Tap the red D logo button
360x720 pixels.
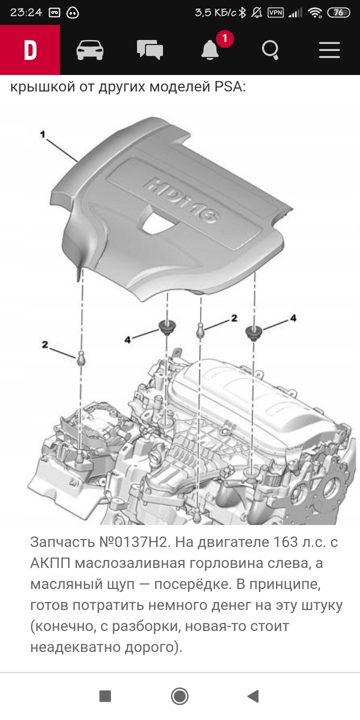(x=30, y=50)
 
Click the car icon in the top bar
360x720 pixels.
(x=90, y=50)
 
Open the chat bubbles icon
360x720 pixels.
(x=150, y=50)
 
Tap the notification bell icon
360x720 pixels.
(x=210, y=49)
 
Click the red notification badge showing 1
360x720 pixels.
(x=224, y=38)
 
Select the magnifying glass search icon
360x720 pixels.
(x=270, y=50)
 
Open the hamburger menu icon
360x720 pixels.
(x=329, y=50)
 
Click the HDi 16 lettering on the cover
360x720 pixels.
(x=183, y=199)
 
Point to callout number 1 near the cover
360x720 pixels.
(x=43, y=134)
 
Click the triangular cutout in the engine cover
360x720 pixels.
(x=157, y=220)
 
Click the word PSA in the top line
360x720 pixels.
(x=229, y=87)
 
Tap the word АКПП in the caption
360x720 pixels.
(x=52, y=563)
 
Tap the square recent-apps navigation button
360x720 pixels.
(x=105, y=696)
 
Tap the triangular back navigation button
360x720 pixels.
(x=253, y=696)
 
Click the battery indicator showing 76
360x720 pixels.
(x=338, y=12)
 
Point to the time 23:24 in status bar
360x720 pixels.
(x=26, y=12)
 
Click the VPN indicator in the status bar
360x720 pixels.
(x=275, y=12)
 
